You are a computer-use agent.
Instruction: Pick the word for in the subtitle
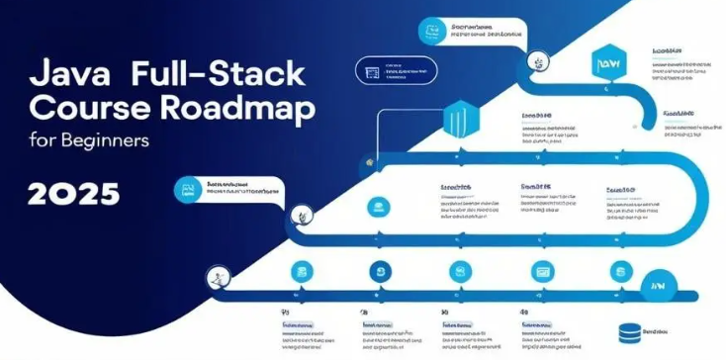pyautogui.click(x=42, y=139)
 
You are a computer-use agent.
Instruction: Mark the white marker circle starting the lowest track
pyautogui.click(x=212, y=278)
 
